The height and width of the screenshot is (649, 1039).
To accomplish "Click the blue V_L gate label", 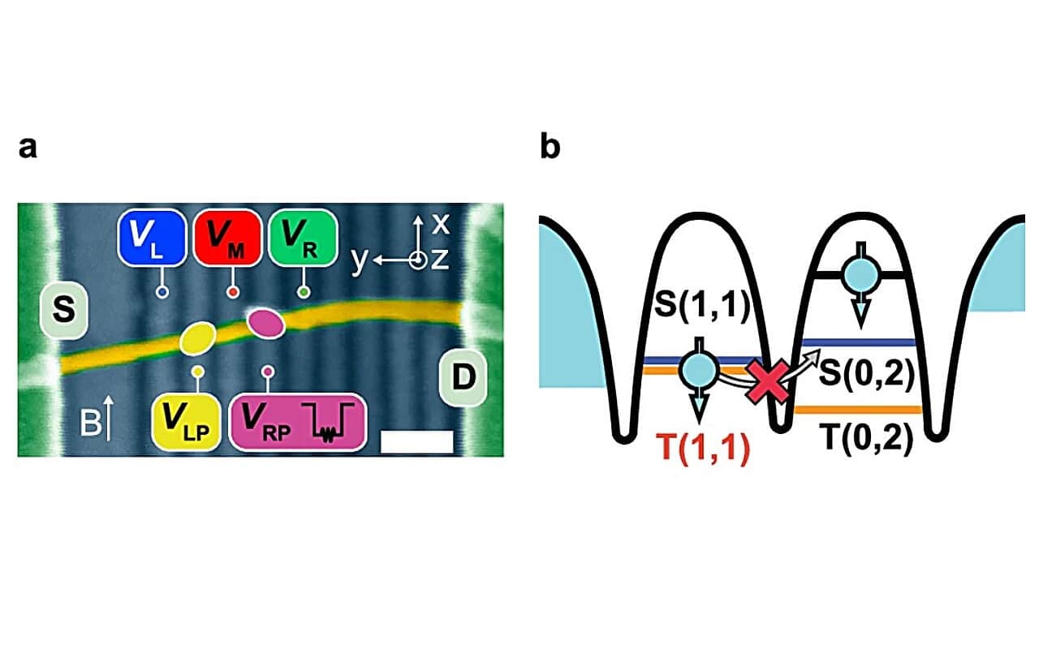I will pyautogui.click(x=151, y=238).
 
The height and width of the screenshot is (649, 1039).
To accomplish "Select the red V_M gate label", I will pyautogui.click(x=226, y=238).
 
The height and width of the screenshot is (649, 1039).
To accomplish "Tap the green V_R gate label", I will pyautogui.click(x=301, y=238).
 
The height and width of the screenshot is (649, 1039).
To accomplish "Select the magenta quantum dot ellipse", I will pyautogui.click(x=265, y=323).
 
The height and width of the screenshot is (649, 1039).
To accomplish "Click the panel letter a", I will pyautogui.click(x=28, y=149).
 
